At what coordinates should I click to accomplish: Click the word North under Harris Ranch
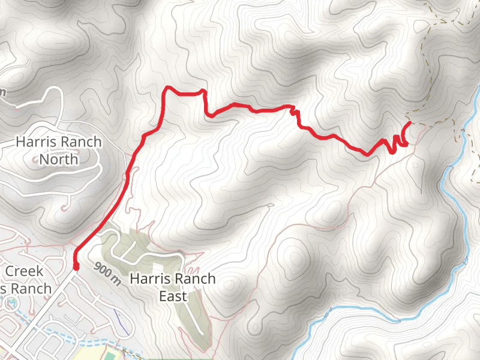pyautogui.click(x=59, y=160)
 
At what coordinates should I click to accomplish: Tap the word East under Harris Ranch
pyautogui.click(x=173, y=296)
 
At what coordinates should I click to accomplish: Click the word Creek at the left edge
pyautogui.click(x=24, y=271)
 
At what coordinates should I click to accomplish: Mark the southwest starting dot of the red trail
pyautogui.click(x=76, y=266)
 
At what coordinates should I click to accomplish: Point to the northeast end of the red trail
pyautogui.click(x=410, y=123)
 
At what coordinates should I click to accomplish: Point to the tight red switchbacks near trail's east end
pyautogui.click(x=398, y=142)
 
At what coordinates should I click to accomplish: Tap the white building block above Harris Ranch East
pyautogui.click(x=157, y=265)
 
